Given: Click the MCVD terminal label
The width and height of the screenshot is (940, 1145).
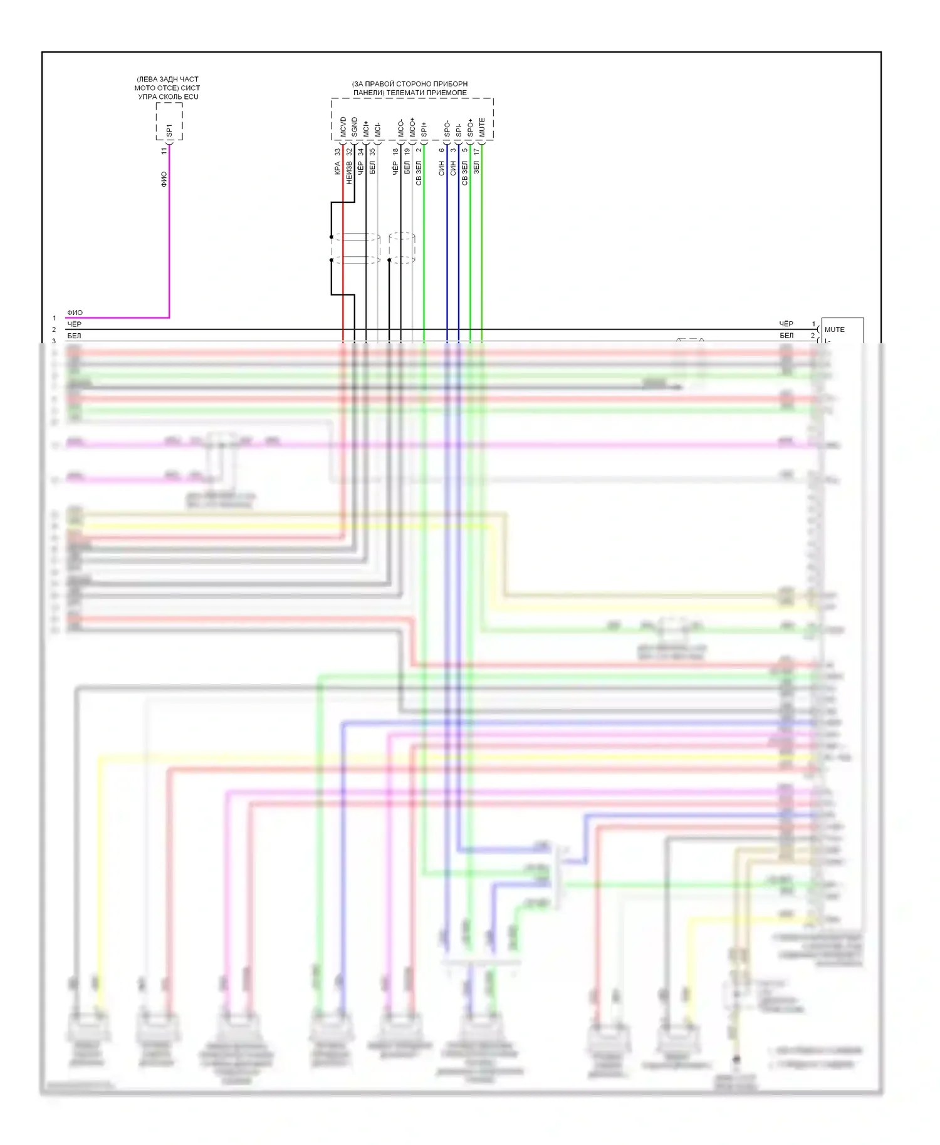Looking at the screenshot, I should coord(343,127).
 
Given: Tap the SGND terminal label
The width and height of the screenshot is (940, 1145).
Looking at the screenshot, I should coord(355,127).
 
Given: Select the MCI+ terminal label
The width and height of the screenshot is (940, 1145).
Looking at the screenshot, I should coord(367,128).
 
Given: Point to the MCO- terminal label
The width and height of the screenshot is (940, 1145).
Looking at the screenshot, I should coord(401,128).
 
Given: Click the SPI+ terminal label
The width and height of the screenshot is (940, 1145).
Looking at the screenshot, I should coord(424,129).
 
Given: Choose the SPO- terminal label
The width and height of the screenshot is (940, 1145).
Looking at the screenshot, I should coord(447,128).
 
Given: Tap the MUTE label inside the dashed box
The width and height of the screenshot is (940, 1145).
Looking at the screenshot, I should coord(482,127).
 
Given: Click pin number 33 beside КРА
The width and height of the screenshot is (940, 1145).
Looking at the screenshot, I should coord(338,152).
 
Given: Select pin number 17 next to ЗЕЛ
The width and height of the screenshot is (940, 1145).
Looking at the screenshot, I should coord(477,152).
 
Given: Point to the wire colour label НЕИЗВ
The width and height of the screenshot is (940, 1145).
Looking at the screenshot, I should coord(349,174).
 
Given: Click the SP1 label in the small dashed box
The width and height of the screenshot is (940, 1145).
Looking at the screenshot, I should coord(169,130).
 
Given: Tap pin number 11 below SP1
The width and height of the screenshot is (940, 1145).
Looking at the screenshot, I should coord(164,151).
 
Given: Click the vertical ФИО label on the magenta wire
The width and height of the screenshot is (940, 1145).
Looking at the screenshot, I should coord(164,179).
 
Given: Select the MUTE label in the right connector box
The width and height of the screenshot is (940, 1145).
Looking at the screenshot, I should coord(834,329).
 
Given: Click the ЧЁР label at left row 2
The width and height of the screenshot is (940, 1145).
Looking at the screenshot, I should coord(74,324).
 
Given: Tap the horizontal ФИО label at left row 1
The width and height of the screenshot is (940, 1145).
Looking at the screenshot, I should coord(75,313).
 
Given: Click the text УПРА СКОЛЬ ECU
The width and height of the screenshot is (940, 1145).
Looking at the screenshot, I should coord(168,97).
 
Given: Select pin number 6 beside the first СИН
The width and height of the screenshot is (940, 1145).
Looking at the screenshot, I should coord(442,150).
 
